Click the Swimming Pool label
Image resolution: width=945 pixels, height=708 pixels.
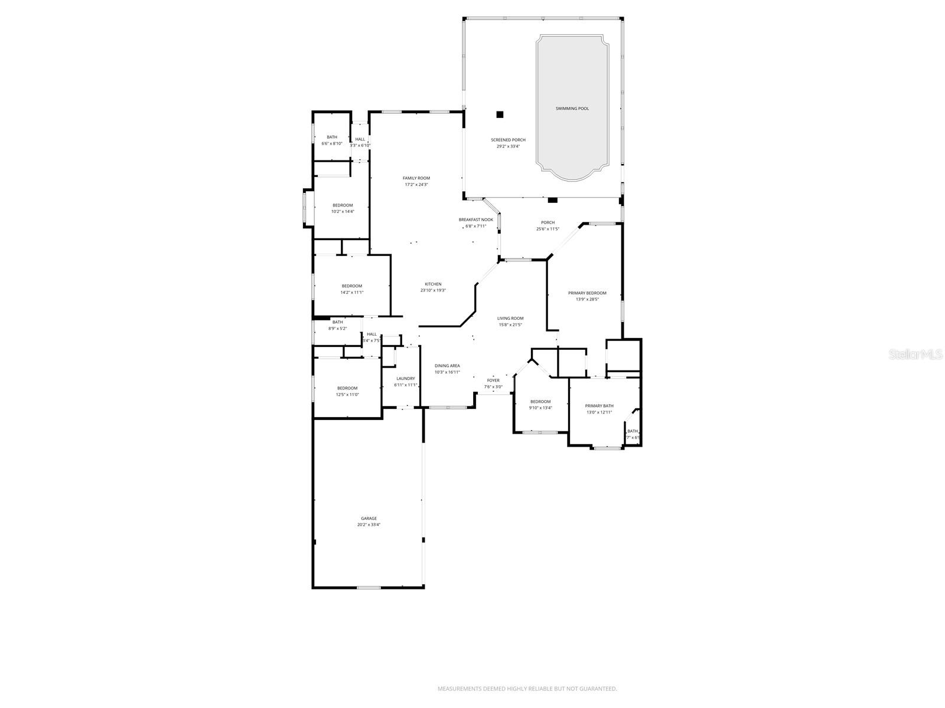(x=572, y=109)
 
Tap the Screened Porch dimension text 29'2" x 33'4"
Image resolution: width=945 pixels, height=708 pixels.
(x=508, y=146)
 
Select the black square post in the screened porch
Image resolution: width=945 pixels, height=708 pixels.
(x=500, y=114)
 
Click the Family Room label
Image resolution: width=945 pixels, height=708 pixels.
(x=416, y=178)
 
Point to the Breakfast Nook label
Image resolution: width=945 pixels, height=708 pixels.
(x=475, y=219)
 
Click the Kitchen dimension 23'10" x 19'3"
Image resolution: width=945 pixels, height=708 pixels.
(x=433, y=290)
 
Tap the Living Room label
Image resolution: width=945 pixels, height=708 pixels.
(x=510, y=319)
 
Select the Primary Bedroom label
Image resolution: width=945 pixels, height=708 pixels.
(x=587, y=293)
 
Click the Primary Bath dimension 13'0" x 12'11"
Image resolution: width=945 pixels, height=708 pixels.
(x=599, y=412)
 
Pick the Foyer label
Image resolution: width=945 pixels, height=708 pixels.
(x=493, y=381)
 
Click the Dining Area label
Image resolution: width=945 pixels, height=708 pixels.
(x=447, y=366)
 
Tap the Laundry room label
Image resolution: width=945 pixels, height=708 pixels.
(x=405, y=379)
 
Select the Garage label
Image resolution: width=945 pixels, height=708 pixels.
(x=369, y=519)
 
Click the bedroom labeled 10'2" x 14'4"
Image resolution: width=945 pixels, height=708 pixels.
(x=343, y=208)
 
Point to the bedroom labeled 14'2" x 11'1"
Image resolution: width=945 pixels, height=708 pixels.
(x=351, y=289)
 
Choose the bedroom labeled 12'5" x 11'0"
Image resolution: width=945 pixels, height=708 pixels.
(x=347, y=391)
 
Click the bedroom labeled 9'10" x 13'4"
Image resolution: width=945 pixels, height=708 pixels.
(x=540, y=405)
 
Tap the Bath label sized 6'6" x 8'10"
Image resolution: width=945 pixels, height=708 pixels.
(x=332, y=140)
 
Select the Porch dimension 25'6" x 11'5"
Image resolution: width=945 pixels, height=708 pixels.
(x=548, y=229)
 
